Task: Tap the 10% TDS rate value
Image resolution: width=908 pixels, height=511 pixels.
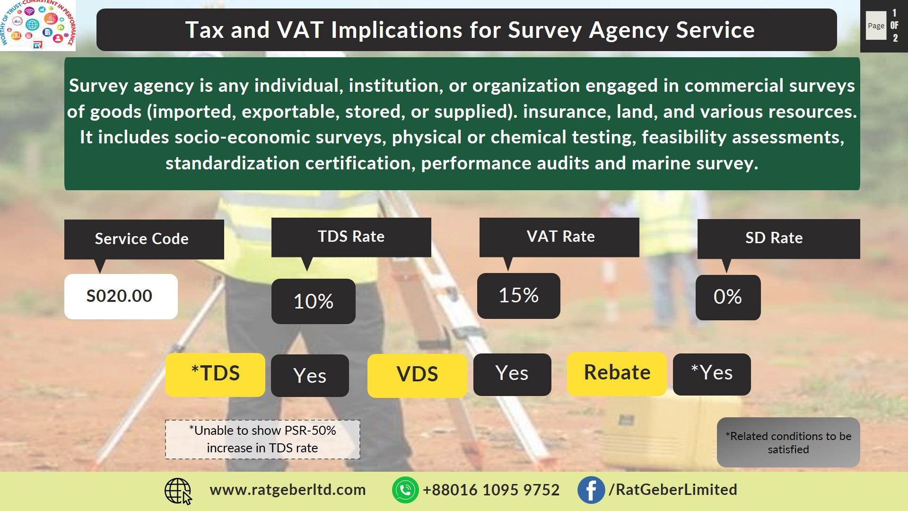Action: click(x=313, y=301)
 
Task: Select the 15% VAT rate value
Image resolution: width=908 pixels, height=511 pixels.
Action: click(x=518, y=296)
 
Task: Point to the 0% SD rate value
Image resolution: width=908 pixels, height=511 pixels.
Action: click(x=728, y=297)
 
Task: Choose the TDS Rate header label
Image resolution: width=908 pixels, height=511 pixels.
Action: click(x=351, y=237)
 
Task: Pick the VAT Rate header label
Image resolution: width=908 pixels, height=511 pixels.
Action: click(x=560, y=237)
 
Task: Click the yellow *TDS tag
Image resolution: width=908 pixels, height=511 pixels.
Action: click(x=215, y=374)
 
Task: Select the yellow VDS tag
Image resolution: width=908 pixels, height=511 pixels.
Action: click(x=417, y=375)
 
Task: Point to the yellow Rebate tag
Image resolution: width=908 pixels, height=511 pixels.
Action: click(x=617, y=373)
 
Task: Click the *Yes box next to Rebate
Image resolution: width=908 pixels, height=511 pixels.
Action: click(x=712, y=374)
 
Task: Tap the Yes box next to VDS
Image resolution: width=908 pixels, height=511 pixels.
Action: click(x=512, y=374)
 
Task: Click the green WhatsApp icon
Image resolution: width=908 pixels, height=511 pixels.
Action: click(x=405, y=490)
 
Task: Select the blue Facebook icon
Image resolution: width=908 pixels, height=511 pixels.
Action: click(x=591, y=490)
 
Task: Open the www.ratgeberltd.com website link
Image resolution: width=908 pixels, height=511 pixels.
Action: click(x=288, y=490)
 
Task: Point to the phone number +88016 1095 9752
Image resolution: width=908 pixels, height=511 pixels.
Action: click(x=491, y=490)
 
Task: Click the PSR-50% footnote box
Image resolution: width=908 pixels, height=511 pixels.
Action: click(x=262, y=440)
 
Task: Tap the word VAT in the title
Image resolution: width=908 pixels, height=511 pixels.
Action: click(x=300, y=30)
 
